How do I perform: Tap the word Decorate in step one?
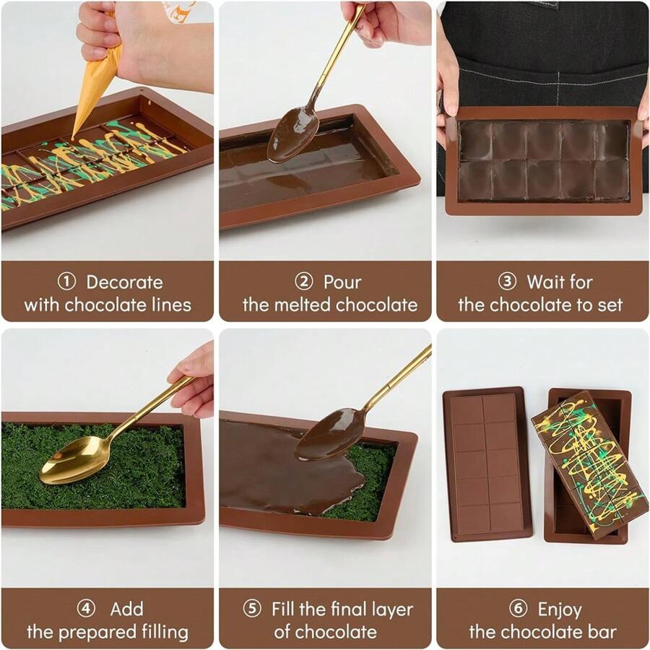pyautogui.click(x=124, y=282)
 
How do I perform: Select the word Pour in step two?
pyautogui.click(x=342, y=282)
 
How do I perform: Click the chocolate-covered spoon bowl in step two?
pyautogui.click(x=292, y=134)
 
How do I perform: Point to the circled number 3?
pyautogui.click(x=508, y=282)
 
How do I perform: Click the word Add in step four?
pyautogui.click(x=126, y=609)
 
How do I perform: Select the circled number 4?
pyautogui.click(x=86, y=609)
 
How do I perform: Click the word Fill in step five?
pyautogui.click(x=286, y=609)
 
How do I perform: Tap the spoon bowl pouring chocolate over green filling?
pyautogui.click(x=329, y=434)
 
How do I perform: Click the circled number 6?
pyautogui.click(x=518, y=609)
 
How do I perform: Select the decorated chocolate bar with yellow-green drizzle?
pyautogui.click(x=589, y=462)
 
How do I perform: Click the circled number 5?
pyautogui.click(x=252, y=609)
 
